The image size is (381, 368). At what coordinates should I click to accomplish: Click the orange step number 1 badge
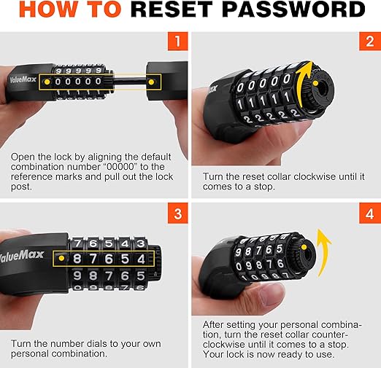[178, 42]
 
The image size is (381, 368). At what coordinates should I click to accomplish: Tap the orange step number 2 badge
[370, 42]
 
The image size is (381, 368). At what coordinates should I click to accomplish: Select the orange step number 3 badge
[178, 214]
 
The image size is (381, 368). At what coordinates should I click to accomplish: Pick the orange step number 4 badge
[370, 214]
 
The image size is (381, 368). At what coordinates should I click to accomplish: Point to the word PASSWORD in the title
[293, 9]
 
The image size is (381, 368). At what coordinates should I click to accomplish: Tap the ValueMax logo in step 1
[23, 79]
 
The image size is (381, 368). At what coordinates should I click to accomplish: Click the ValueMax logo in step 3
[21, 256]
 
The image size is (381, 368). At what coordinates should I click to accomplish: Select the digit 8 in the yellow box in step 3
[77, 259]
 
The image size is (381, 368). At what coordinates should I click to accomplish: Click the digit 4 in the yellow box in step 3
[141, 259]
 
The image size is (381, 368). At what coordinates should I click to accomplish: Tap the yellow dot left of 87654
[61, 258]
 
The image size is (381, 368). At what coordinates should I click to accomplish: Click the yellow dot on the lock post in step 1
[151, 82]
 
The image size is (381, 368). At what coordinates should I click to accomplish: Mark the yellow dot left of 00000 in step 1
[47, 82]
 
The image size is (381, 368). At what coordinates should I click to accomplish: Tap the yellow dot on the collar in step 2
[316, 84]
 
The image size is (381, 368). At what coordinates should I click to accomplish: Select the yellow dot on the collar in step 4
[304, 248]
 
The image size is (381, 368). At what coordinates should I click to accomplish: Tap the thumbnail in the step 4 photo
[274, 295]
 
